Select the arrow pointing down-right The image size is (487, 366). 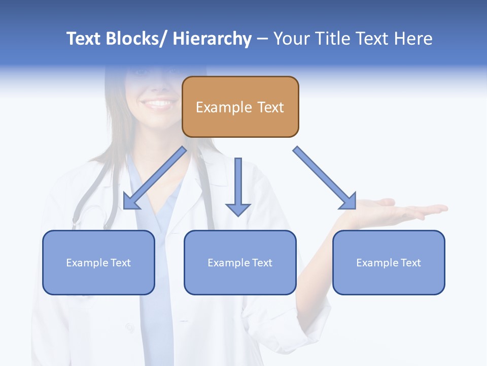(324, 178)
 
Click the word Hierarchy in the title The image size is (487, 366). (212, 39)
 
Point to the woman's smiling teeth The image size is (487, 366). (159, 104)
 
